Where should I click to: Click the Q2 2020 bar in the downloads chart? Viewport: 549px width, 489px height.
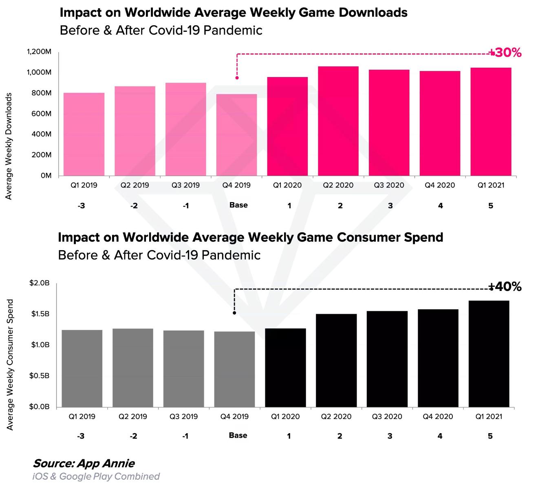(x=338, y=121)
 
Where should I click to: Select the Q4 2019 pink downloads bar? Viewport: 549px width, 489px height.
(x=236, y=135)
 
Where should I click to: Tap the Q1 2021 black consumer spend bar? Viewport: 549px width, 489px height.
(x=489, y=354)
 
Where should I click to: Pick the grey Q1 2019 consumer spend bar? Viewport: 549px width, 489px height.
(x=82, y=368)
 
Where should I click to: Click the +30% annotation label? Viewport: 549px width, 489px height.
(x=506, y=53)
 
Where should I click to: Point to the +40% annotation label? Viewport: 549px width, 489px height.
(x=505, y=287)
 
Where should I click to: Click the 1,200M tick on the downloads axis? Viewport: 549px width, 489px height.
(x=39, y=52)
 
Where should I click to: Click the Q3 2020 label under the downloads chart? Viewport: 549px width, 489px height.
(x=389, y=185)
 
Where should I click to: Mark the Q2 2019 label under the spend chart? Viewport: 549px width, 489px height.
(x=133, y=416)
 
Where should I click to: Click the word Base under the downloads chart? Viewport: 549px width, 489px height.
(x=238, y=205)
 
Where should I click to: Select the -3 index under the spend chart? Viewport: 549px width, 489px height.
(x=81, y=436)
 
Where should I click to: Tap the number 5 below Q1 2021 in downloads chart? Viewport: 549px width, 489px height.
(x=491, y=206)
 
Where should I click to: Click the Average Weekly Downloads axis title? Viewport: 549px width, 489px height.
(x=9, y=146)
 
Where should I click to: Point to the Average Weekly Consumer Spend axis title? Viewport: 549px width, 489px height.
(x=10, y=365)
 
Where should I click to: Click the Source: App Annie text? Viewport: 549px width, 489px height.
(x=84, y=463)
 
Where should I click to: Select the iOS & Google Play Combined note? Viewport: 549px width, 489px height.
(x=96, y=476)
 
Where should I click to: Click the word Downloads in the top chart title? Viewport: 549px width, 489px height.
(x=373, y=13)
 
